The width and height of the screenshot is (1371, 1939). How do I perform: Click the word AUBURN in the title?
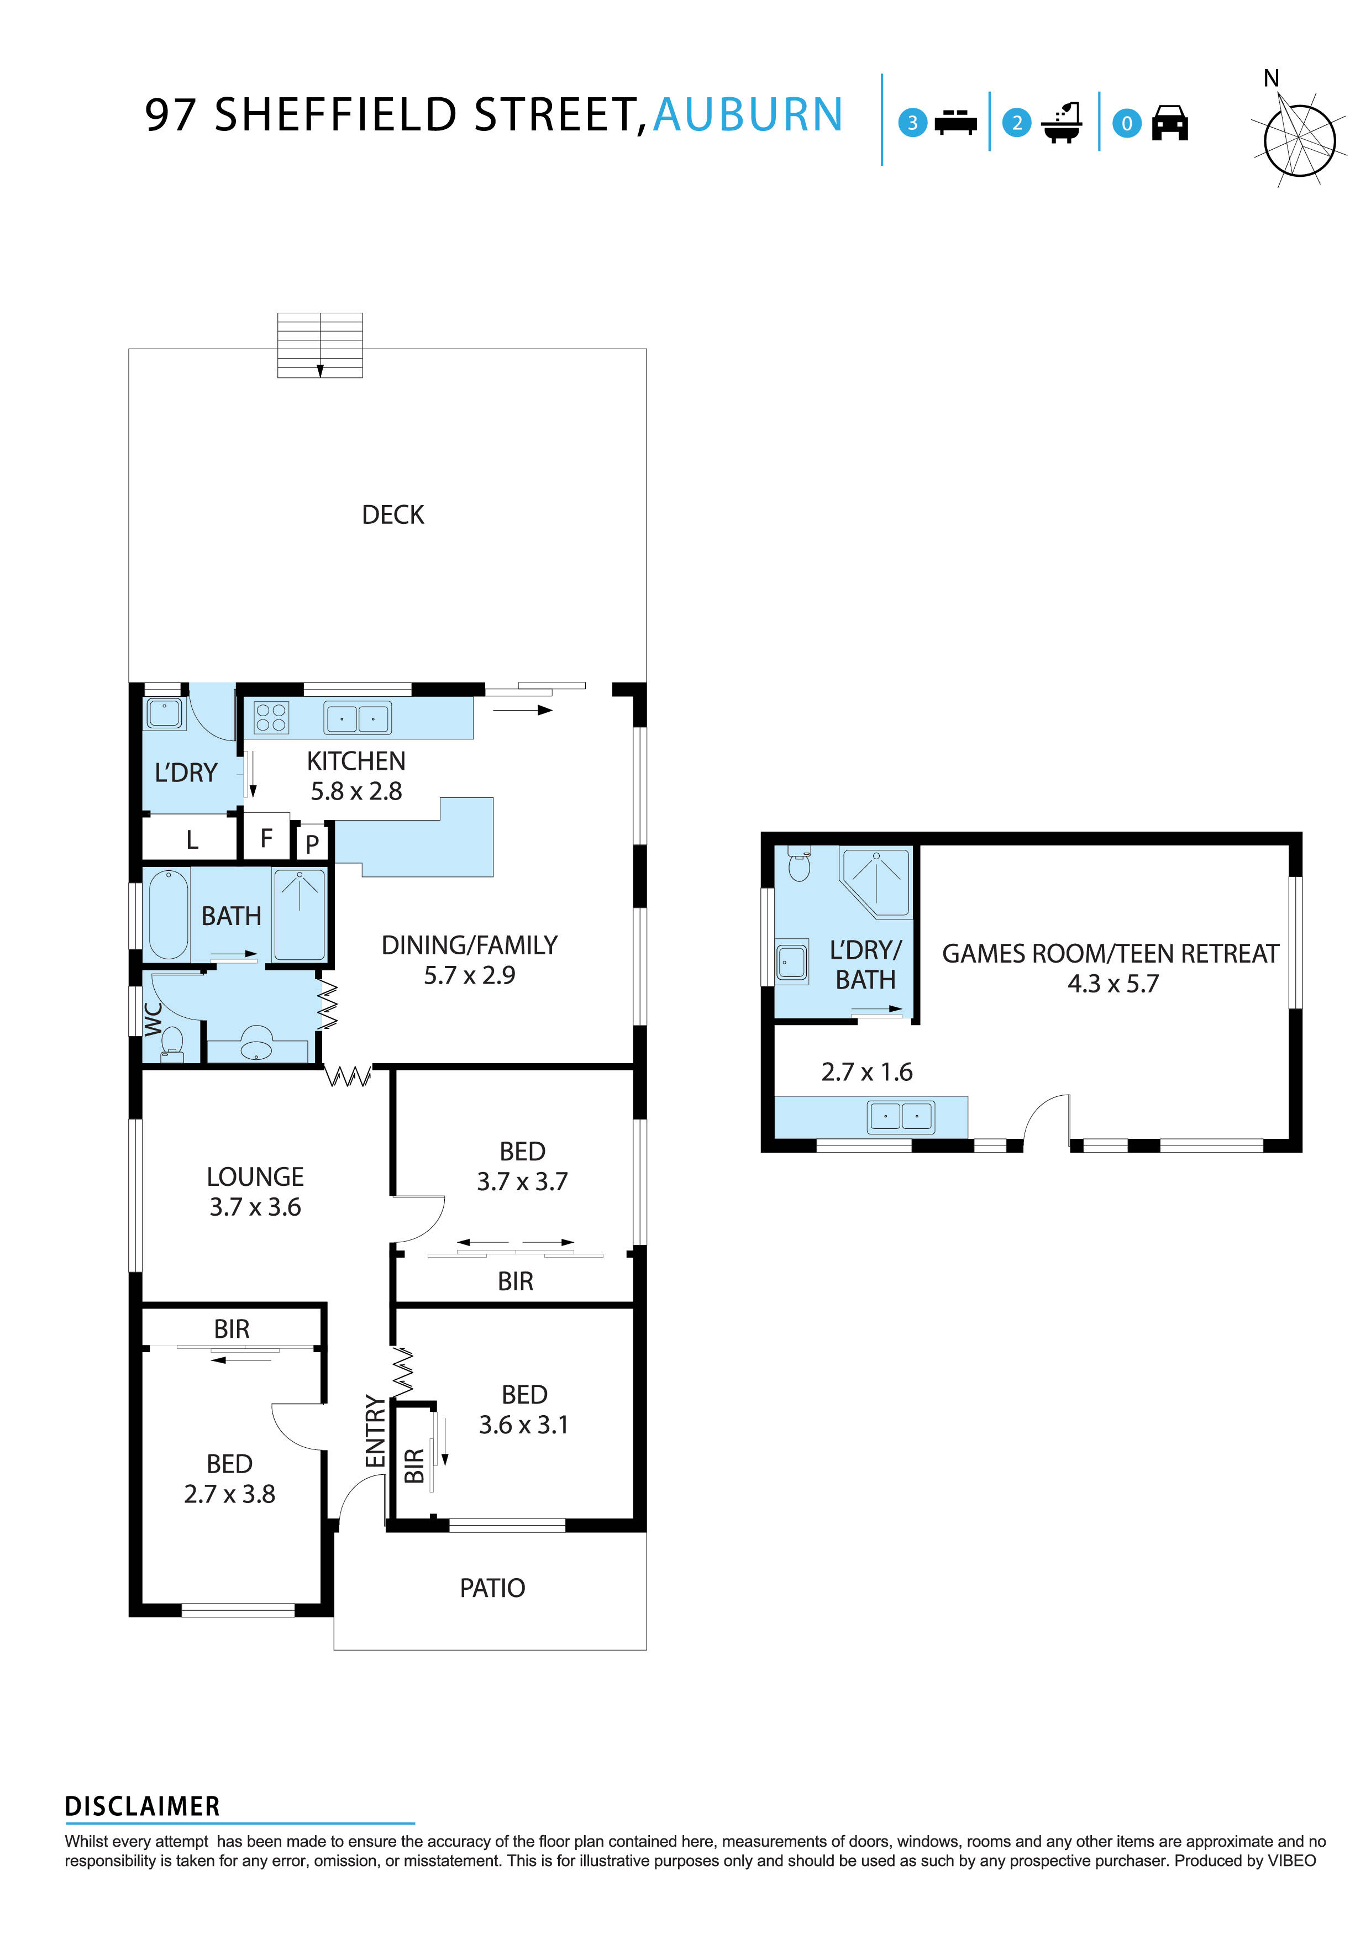(x=748, y=115)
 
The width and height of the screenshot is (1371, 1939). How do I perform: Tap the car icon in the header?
(x=1170, y=123)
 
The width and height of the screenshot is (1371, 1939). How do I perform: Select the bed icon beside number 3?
(x=955, y=123)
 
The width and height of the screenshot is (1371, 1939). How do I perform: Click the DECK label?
(x=393, y=515)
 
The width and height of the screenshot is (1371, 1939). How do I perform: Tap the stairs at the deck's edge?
(x=320, y=345)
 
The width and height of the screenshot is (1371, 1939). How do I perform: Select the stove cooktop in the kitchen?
(x=271, y=718)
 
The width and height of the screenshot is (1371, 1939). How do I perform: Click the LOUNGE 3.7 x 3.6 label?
(x=255, y=1191)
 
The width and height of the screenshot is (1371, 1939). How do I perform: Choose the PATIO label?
(x=492, y=1589)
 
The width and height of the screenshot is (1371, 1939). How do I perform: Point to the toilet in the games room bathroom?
(x=799, y=864)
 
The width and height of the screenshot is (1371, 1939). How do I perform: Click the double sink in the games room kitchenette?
(x=901, y=1116)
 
